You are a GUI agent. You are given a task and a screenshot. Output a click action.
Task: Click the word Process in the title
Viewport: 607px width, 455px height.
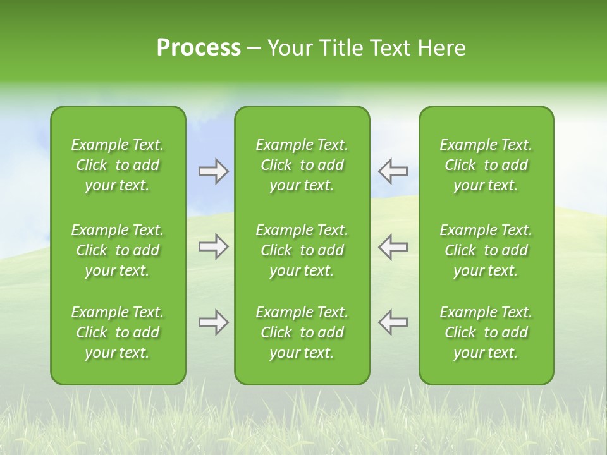point(199,48)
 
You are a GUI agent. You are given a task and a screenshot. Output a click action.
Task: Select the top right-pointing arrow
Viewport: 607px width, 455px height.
point(213,171)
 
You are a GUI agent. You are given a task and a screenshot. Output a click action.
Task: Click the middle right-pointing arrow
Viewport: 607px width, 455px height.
point(213,246)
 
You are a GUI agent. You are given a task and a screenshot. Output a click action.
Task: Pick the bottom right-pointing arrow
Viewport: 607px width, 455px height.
point(213,322)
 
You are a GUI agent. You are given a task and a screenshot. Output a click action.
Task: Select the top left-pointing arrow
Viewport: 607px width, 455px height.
point(393,171)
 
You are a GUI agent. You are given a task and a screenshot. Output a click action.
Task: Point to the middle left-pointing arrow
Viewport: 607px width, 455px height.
point(393,246)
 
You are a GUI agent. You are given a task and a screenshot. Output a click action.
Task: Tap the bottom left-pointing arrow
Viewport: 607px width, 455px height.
point(393,322)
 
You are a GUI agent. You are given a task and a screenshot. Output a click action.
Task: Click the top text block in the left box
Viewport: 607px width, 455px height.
point(118,165)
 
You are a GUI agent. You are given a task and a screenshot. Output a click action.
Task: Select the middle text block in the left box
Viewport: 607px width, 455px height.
point(118,250)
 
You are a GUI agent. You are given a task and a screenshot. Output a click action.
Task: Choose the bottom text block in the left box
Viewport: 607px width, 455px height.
point(118,332)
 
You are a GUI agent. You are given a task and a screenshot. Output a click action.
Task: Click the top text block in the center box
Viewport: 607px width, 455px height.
point(302,165)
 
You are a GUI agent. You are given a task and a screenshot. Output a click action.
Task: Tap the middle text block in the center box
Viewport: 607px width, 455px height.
point(302,250)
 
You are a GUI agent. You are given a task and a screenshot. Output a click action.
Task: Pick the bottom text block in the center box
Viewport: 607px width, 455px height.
point(302,332)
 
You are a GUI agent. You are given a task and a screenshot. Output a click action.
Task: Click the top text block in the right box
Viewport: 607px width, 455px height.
point(486,165)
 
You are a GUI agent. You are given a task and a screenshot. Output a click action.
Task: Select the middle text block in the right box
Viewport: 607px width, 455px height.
point(486,250)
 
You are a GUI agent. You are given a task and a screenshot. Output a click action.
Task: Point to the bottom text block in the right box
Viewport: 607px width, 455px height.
point(486,332)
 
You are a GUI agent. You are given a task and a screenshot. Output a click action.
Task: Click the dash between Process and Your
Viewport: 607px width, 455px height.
point(254,49)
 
